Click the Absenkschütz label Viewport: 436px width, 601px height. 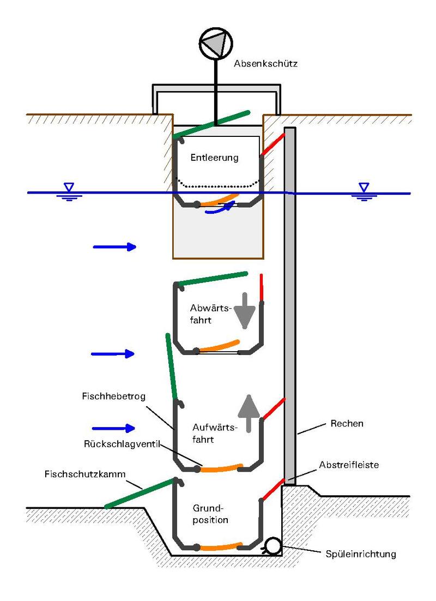pyautogui.click(x=265, y=64)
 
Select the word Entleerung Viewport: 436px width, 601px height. pyautogui.click(x=215, y=158)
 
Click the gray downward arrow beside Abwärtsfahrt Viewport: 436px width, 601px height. pyautogui.click(x=245, y=311)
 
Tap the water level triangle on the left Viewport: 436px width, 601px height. pyautogui.click(x=69, y=187)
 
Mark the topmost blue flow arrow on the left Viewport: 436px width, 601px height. pyautogui.click(x=114, y=247)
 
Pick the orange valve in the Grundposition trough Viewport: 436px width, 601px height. pyautogui.click(x=221, y=546)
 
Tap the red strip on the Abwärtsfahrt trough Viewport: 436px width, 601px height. pyautogui.click(x=262, y=287)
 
